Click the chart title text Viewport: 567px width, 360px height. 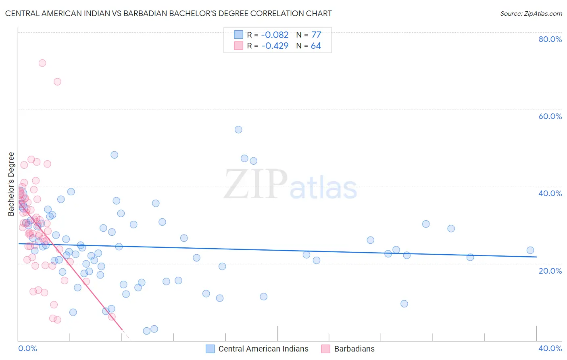[x=169, y=13]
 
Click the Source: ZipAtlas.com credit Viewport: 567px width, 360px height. [x=531, y=13]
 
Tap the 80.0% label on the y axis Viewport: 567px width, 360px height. [x=550, y=39]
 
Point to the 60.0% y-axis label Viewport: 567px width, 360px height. [x=550, y=116]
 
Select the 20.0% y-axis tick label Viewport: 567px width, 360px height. [x=550, y=271]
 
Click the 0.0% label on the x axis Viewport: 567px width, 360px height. [x=27, y=348]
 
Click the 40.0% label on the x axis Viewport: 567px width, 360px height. [x=550, y=348]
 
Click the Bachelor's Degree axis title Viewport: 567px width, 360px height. [x=11, y=184]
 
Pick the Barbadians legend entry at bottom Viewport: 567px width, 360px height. [x=354, y=349]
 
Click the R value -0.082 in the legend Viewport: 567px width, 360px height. [x=275, y=35]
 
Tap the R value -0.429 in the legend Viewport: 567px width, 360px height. [x=275, y=46]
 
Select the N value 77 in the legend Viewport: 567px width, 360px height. [x=316, y=35]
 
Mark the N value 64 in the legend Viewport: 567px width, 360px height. [x=316, y=46]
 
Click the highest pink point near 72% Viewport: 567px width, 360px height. [x=42, y=63]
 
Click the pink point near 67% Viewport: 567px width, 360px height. [x=57, y=82]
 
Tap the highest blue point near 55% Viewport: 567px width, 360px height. [x=238, y=130]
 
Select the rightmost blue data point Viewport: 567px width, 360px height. [x=530, y=250]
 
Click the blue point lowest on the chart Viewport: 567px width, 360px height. [x=147, y=331]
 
